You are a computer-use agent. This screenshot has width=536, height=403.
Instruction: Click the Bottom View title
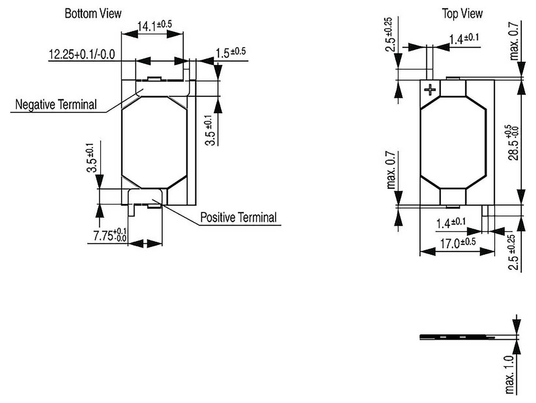[x=93, y=14]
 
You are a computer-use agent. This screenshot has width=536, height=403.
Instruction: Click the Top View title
[x=462, y=14]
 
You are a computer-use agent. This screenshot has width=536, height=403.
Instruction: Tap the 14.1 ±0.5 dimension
[x=154, y=25]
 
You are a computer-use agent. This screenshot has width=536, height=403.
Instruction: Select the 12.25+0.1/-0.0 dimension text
[x=82, y=55]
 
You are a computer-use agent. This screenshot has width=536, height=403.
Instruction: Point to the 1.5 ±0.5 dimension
[x=230, y=52]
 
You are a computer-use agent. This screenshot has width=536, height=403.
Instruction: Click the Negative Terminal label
[x=56, y=104]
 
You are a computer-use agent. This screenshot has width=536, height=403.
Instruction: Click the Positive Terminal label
[x=238, y=217]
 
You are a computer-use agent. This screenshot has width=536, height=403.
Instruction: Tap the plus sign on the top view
[x=430, y=89]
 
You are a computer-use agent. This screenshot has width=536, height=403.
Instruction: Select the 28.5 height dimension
[x=514, y=143]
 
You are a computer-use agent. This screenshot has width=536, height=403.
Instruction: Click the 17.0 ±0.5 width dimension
[x=458, y=243]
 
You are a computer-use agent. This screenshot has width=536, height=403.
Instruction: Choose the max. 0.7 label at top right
[x=514, y=41]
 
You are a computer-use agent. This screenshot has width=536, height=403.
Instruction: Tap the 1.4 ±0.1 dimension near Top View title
[x=464, y=38]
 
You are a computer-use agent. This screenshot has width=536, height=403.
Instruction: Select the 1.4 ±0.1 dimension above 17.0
[x=451, y=223]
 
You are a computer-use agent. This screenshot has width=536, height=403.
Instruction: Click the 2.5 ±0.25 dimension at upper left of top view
[x=390, y=34]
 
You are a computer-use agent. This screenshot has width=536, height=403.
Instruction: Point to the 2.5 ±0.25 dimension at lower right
[x=514, y=252]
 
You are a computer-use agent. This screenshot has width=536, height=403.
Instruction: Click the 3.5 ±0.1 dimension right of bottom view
[x=210, y=130]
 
